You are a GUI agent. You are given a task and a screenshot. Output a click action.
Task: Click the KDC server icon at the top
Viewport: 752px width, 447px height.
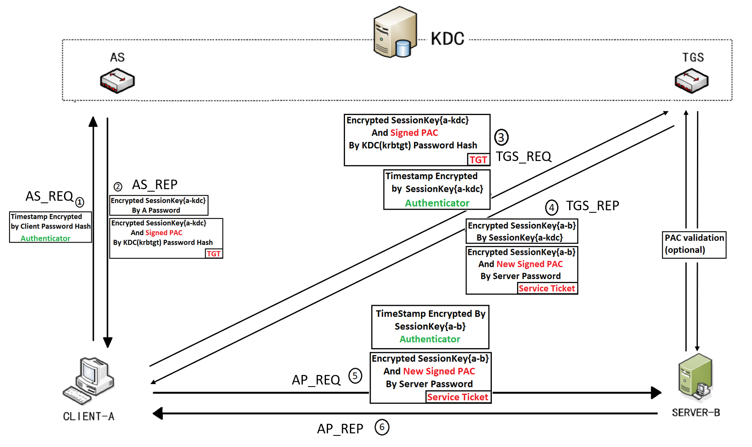[x=393, y=32]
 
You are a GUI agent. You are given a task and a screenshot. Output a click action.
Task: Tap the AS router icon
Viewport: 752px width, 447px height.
[x=117, y=81]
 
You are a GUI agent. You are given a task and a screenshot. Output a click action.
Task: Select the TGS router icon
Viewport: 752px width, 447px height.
[x=691, y=80]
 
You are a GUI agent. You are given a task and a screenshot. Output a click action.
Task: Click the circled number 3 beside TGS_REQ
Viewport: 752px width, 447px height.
[x=501, y=137]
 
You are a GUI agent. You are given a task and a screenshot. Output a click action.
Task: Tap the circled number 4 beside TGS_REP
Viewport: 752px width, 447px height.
[x=551, y=207]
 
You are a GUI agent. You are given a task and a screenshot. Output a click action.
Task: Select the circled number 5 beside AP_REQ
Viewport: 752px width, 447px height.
[x=355, y=376]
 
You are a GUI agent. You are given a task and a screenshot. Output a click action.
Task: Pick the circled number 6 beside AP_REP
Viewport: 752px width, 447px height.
[x=382, y=427]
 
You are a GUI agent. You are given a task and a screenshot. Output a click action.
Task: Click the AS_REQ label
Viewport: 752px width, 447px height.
[x=49, y=196]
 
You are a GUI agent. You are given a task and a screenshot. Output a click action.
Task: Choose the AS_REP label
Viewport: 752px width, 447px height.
[x=155, y=185]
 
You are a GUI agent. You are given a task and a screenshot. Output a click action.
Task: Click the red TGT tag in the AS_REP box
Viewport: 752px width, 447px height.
[x=214, y=254]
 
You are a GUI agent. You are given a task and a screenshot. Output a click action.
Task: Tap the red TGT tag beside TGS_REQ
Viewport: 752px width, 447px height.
[x=479, y=160]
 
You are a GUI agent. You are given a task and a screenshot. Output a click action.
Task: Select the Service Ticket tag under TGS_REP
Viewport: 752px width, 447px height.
[x=547, y=288]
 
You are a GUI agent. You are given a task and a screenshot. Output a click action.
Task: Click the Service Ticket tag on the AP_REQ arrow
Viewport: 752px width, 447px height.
[x=458, y=397]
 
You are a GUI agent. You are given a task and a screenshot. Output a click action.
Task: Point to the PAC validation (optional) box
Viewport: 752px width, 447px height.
[x=694, y=244]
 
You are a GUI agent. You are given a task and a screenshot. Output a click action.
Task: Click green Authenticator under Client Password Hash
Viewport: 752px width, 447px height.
[x=46, y=238]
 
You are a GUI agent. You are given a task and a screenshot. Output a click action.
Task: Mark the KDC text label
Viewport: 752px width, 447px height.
[x=448, y=39]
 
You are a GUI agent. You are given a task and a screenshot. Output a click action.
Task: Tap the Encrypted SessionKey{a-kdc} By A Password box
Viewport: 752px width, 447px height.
[x=158, y=205]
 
